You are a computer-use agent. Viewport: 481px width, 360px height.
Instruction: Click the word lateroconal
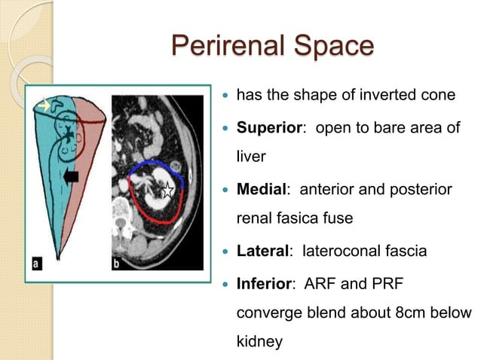click(x=339, y=251)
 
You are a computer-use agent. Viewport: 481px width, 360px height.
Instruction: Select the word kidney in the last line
click(x=259, y=343)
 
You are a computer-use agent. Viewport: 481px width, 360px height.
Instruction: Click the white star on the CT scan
click(x=168, y=191)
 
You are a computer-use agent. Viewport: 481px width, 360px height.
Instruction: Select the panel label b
click(x=117, y=263)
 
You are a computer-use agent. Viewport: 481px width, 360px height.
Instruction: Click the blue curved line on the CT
click(x=151, y=164)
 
